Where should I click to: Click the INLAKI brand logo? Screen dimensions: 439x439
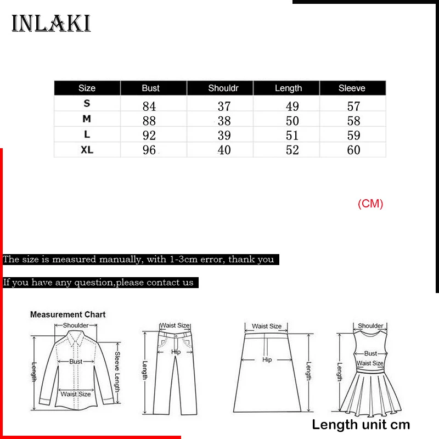tap(51, 24)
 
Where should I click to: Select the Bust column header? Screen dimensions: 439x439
tap(150, 88)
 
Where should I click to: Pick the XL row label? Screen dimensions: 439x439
tap(87, 150)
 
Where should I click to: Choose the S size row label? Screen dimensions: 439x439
tap(87, 104)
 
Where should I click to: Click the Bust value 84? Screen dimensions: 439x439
tap(149, 106)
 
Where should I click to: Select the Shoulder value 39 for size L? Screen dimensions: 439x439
tap(224, 136)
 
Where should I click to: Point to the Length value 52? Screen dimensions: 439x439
tap(292, 150)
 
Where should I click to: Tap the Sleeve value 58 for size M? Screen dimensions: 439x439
tap(353, 121)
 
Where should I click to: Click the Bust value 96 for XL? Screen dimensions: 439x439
tap(149, 150)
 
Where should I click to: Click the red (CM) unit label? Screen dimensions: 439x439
tap(370, 204)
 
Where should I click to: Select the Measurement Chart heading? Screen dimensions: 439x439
tap(67, 314)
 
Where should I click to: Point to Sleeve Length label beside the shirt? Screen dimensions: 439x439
tap(117, 368)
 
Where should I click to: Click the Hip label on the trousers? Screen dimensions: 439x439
tap(176, 352)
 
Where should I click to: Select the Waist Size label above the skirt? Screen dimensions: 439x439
tap(267, 326)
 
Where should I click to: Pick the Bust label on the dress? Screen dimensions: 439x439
tap(371, 353)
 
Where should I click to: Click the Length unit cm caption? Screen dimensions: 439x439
tap(361, 424)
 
